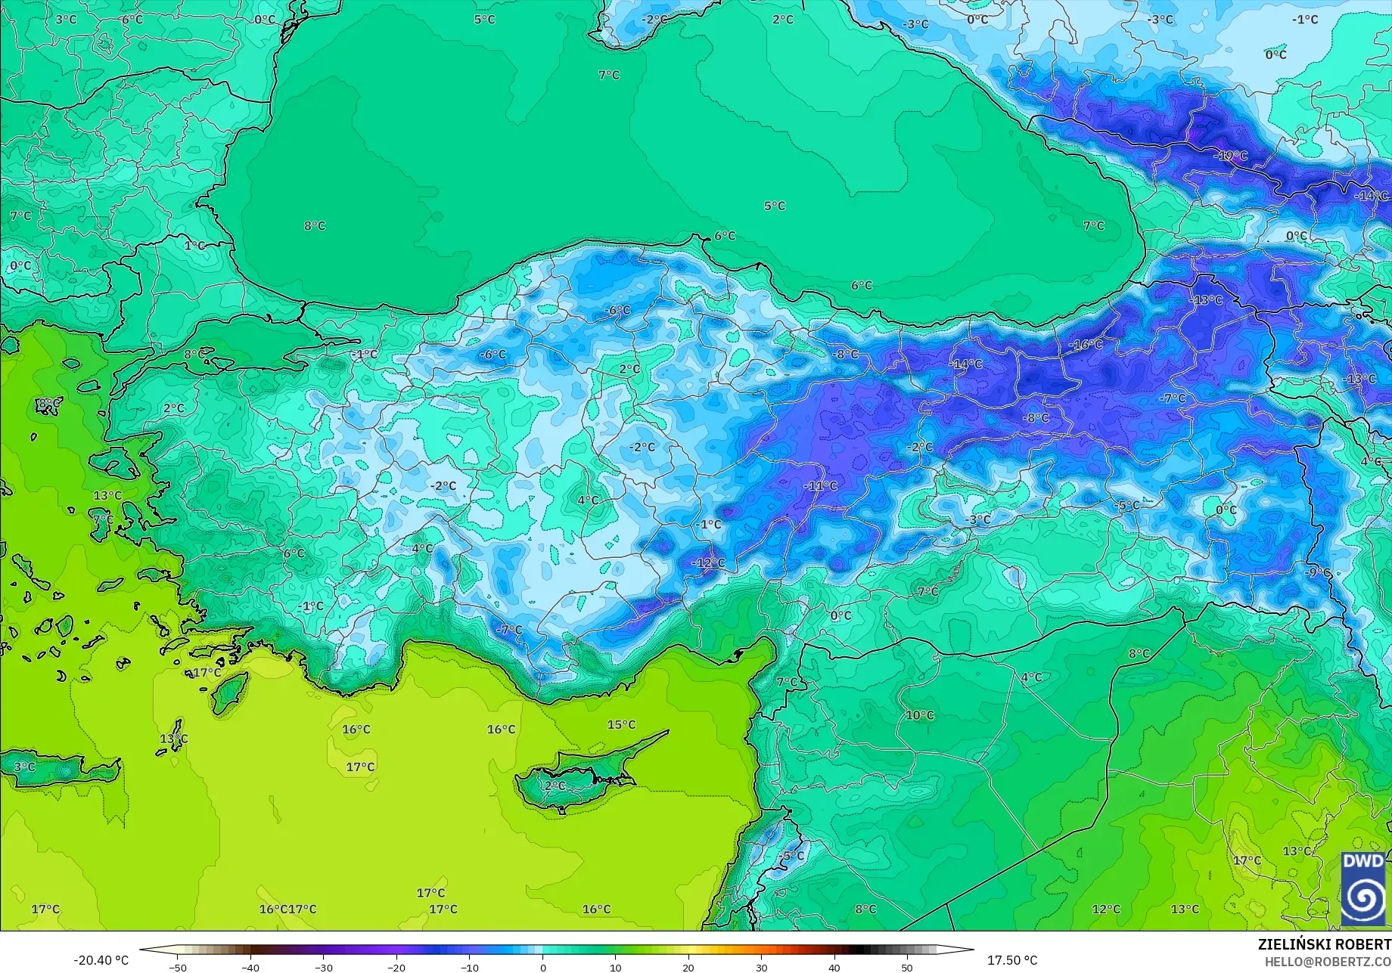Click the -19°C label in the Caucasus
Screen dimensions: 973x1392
(x=1231, y=156)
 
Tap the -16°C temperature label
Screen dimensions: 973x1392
(x=1086, y=345)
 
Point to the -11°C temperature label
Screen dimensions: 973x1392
(x=821, y=486)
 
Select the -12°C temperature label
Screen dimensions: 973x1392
(x=708, y=562)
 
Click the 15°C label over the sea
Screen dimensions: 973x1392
(x=621, y=724)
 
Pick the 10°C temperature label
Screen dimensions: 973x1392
(x=920, y=715)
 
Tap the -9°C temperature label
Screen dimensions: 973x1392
(x=1318, y=572)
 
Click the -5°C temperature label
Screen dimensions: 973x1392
(x=1127, y=505)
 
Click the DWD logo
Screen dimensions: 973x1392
(x=1364, y=888)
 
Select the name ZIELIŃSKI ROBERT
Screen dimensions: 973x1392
(x=1324, y=944)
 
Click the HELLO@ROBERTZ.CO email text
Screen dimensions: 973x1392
(x=1328, y=960)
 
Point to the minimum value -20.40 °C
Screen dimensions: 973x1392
(x=101, y=960)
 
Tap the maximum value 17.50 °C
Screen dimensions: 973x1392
(x=1012, y=960)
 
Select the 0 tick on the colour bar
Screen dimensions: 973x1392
(x=542, y=967)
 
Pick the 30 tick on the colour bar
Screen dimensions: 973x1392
(x=761, y=967)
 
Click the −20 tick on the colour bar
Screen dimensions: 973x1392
(x=396, y=967)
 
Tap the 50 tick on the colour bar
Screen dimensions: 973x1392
(x=907, y=967)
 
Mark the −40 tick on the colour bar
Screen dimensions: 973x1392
(x=250, y=967)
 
